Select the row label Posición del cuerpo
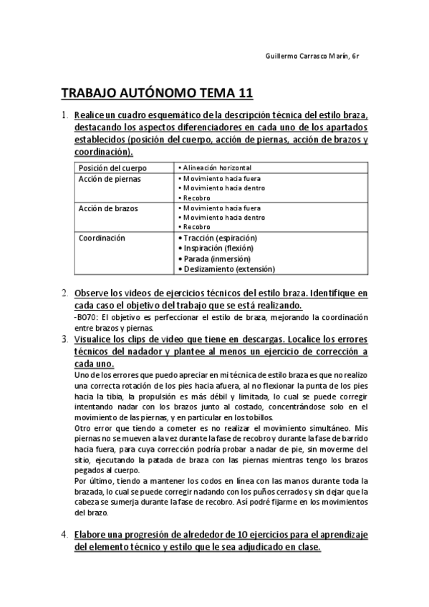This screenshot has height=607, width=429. (x=112, y=167)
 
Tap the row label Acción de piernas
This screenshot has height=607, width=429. (x=110, y=178)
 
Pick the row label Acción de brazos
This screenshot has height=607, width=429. (x=108, y=208)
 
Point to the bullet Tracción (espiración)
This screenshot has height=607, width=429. (x=220, y=238)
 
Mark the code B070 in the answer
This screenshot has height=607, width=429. (x=87, y=317)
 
